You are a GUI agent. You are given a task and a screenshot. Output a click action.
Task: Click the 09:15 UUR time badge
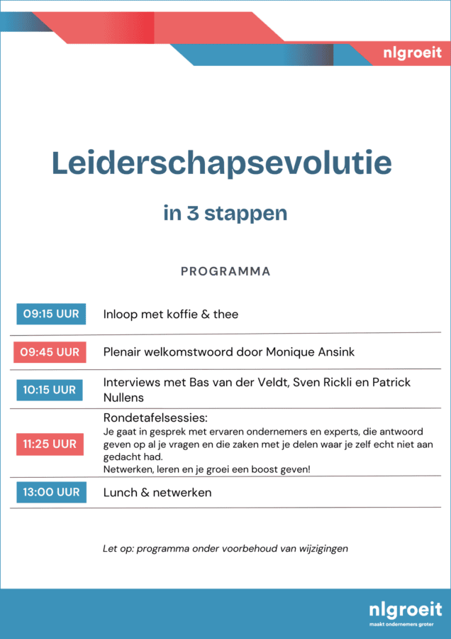[51, 314]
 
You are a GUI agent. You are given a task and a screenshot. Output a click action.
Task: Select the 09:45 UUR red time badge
[50, 352]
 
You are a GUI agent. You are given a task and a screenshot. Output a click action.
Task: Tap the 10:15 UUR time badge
[50, 390]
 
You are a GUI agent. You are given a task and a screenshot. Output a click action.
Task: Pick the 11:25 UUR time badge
[50, 444]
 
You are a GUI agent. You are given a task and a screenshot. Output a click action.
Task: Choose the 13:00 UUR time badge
[51, 492]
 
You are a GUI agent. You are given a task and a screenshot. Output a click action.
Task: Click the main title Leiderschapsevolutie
[221, 163]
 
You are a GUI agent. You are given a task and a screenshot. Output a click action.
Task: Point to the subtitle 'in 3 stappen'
[225, 213]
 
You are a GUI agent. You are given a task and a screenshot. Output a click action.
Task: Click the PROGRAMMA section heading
[225, 271]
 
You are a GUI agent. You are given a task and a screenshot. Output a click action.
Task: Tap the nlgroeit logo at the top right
[411, 53]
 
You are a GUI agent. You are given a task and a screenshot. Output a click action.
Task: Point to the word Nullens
[123, 398]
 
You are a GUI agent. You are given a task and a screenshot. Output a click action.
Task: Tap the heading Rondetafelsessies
[160, 418]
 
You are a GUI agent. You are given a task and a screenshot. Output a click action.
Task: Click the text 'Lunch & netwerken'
[157, 492]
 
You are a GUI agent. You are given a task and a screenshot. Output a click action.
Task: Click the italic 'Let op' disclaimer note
[225, 548]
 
